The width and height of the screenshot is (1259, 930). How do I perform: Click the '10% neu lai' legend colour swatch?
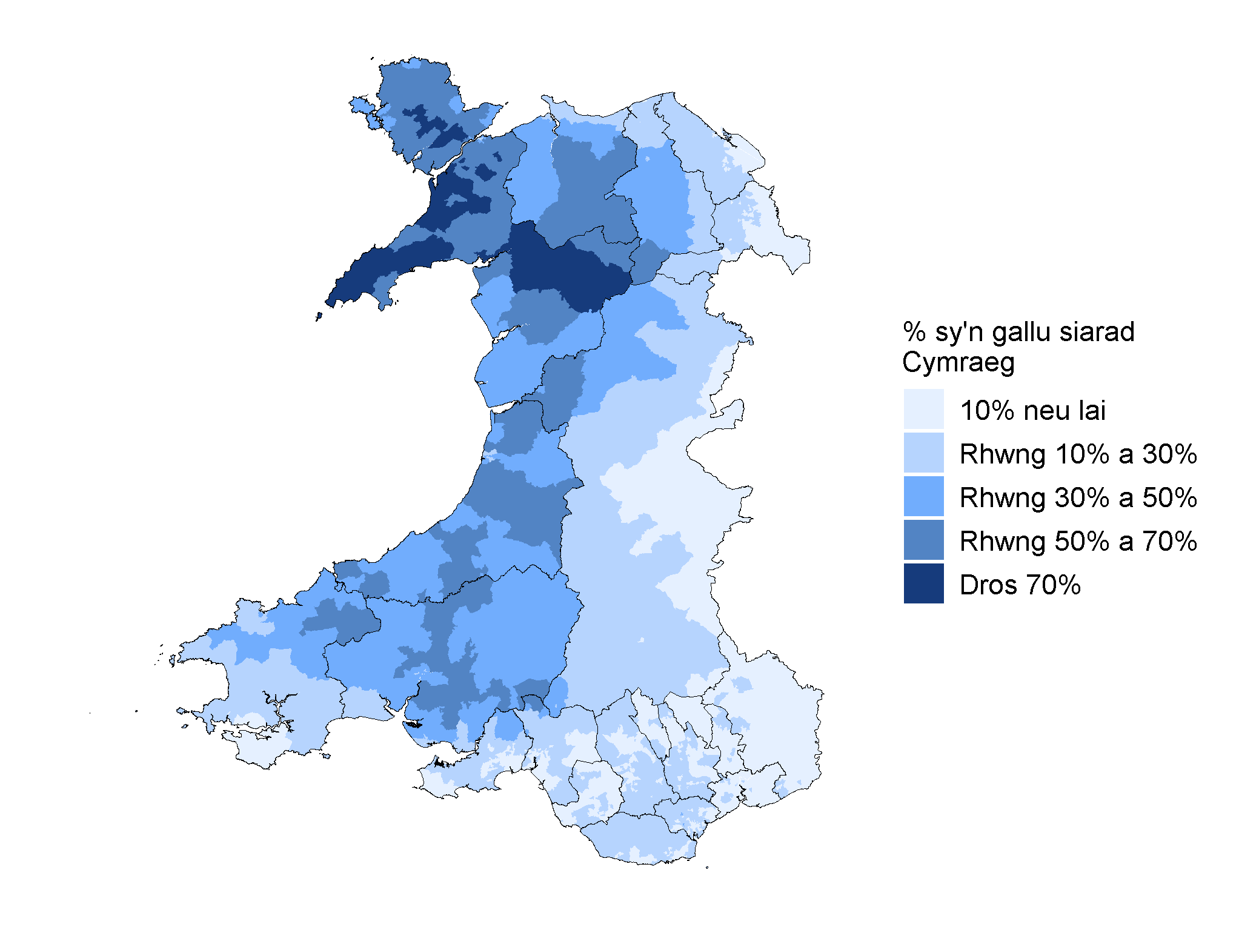(x=923, y=409)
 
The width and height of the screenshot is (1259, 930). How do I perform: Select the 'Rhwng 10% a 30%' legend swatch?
(x=923, y=453)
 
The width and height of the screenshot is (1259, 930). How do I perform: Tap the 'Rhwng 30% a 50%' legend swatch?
(x=923, y=496)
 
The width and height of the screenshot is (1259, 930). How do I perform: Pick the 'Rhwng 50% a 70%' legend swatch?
(x=923, y=540)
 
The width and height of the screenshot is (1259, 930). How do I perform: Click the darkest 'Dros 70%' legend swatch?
(x=923, y=583)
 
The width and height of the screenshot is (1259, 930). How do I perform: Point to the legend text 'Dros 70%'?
(x=1020, y=585)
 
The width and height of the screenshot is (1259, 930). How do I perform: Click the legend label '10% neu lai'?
(x=1032, y=411)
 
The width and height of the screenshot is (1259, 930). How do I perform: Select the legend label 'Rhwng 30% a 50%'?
(x=1078, y=498)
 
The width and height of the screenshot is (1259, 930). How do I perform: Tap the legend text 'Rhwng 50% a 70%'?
(x=1078, y=542)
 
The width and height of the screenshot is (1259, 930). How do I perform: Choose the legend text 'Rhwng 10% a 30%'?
(x=1078, y=454)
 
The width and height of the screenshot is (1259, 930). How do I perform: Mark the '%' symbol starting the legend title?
(x=913, y=332)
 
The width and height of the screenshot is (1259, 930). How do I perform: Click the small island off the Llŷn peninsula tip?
(x=319, y=316)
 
